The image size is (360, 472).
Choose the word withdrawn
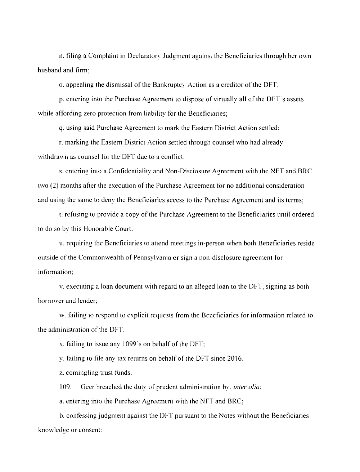click(50, 157)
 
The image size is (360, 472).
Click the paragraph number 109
click(64, 387)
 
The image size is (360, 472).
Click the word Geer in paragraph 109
click(87, 387)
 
